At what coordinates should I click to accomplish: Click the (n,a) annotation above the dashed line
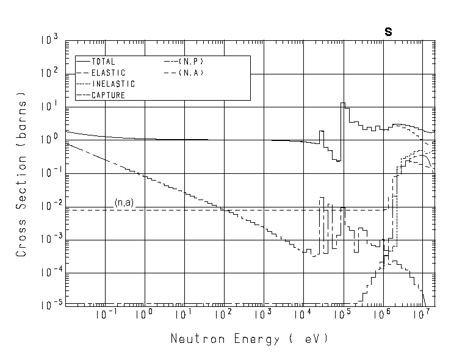(x=124, y=202)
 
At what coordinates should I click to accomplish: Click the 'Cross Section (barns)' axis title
(x=21, y=173)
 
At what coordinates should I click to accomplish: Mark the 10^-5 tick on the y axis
(x=49, y=305)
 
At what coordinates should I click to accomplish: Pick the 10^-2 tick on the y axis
(x=49, y=206)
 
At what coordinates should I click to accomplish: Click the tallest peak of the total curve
(x=343, y=104)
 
